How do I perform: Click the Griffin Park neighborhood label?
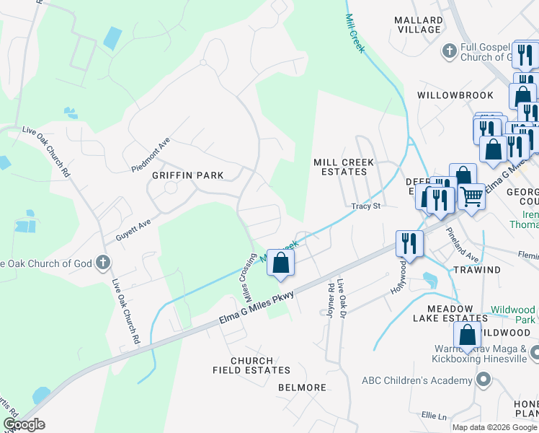click(187, 175)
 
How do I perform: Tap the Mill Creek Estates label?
click(344, 167)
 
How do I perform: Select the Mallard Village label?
click(419, 25)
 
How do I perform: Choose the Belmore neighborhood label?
click(302, 388)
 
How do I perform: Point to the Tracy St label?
click(365, 206)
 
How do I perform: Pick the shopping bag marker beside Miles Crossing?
click(281, 263)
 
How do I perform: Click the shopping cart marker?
click(471, 195)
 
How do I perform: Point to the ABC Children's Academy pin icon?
click(484, 380)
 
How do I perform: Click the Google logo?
click(24, 424)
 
